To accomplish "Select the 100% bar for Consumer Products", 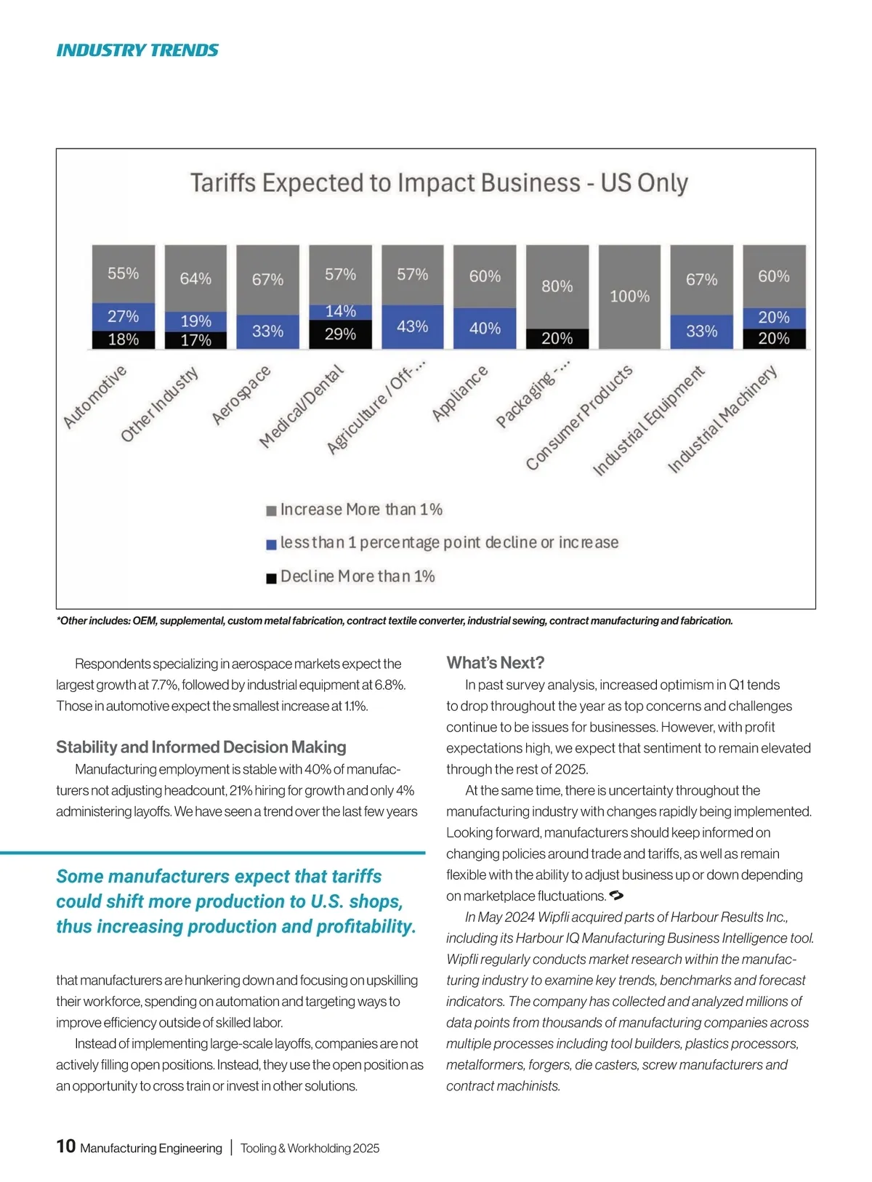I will click(629, 297).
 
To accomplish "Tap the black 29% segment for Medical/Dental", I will click(340, 334).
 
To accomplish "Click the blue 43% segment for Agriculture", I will click(412, 326).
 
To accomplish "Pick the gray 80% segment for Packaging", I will click(557, 286).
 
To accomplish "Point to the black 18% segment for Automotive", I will click(124, 339).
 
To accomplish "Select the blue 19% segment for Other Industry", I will click(195, 321).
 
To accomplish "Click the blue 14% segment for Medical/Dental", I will click(340, 312).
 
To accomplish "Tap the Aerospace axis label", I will click(241, 395).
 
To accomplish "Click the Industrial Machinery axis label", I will click(722, 419).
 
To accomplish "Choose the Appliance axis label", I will click(459, 394).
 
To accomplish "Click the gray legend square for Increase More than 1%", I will click(271, 511).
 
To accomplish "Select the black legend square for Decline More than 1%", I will click(271, 578).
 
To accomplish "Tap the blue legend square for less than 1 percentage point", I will click(271, 544).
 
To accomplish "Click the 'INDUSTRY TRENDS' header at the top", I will click(137, 50).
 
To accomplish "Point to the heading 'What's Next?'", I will click(495, 663).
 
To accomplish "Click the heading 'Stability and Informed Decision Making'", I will click(201, 747).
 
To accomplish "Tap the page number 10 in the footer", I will click(65, 1146).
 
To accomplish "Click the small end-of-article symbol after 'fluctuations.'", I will click(616, 895).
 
